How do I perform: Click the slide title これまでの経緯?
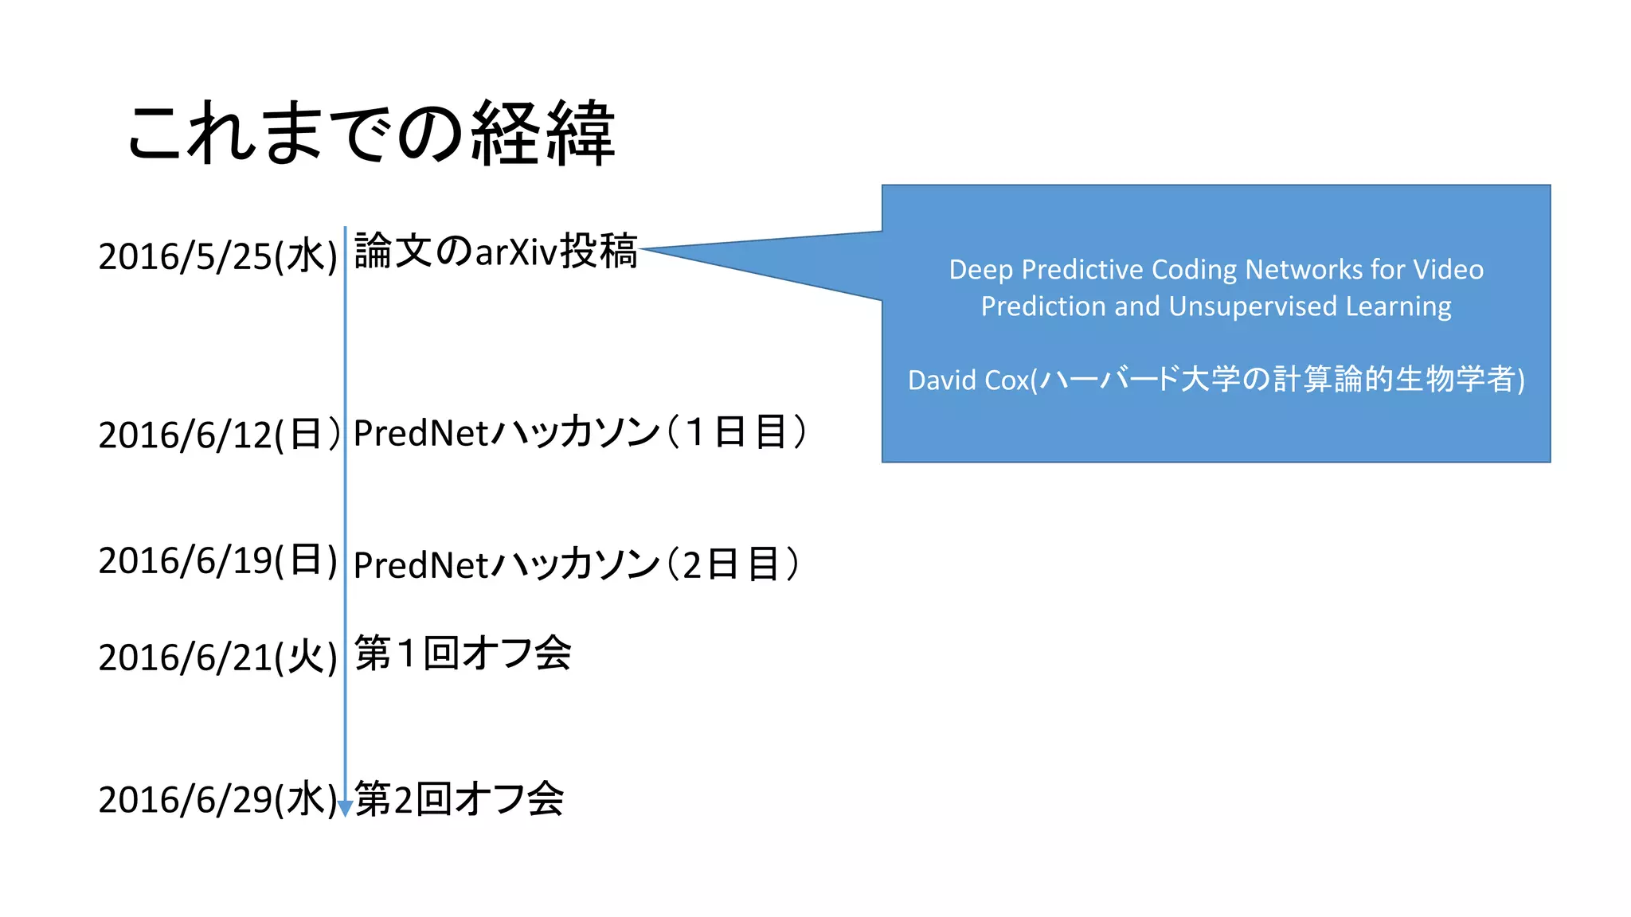tap(371, 134)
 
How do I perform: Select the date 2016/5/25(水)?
tap(217, 256)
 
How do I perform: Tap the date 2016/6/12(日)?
tap(217, 435)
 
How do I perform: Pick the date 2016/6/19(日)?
tap(217, 560)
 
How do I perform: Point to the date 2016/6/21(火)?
tap(217, 658)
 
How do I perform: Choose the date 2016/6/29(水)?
tap(217, 799)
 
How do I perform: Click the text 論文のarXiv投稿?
tap(495, 252)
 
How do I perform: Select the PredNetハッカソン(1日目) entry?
tap(580, 433)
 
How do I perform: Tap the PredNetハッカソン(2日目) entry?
tap(576, 564)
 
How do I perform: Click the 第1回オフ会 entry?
tap(463, 654)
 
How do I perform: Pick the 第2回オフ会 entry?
tap(459, 799)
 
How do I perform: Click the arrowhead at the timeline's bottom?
tap(345, 809)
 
